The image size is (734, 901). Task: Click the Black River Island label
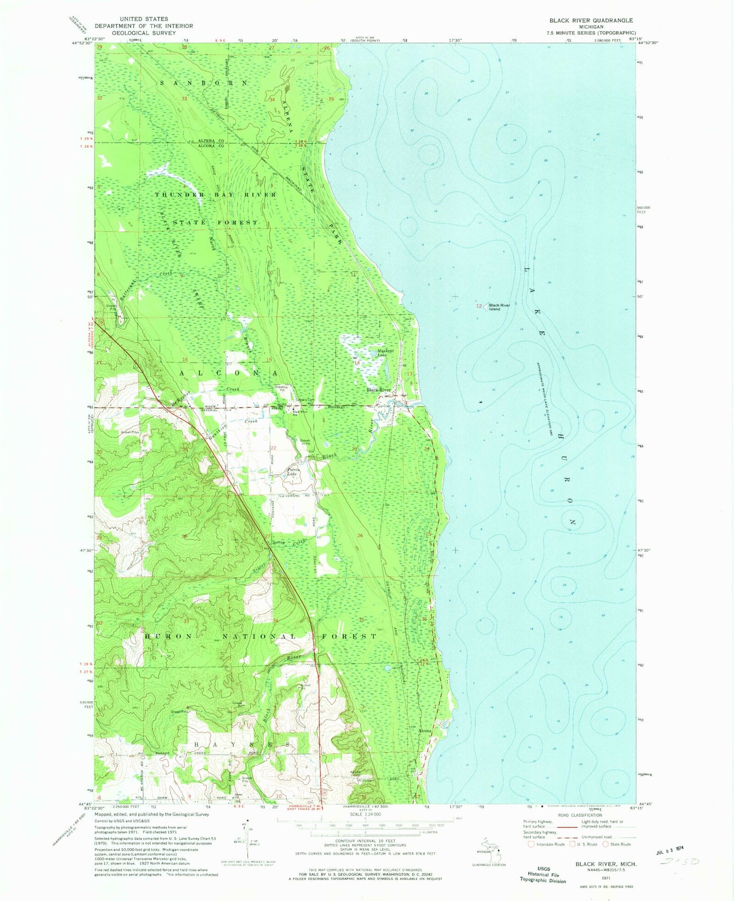pos(498,307)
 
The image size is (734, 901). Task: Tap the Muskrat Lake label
pos(386,352)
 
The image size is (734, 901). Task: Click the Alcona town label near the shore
pos(425,731)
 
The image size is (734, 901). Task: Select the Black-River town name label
pos(379,390)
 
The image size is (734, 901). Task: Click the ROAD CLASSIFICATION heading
pos(579,815)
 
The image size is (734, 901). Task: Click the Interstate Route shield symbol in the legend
pos(531,844)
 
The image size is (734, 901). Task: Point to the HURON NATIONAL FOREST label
pos(260,636)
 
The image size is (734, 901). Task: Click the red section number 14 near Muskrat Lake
pos(357,363)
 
